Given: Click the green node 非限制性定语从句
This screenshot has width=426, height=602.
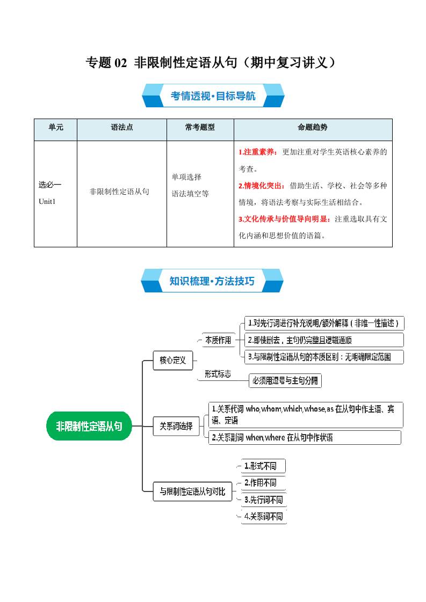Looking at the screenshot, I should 89,427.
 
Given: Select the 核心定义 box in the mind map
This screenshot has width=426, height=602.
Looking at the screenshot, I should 172,361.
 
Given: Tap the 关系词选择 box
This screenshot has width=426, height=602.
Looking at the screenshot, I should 176,427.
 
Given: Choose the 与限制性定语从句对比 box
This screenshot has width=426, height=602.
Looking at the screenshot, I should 192,491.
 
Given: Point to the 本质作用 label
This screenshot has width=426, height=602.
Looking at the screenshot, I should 218,340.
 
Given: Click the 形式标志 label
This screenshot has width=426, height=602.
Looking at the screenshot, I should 218,374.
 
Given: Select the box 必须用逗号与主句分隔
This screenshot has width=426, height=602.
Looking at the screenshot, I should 285,381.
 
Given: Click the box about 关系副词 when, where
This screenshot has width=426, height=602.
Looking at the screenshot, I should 305,437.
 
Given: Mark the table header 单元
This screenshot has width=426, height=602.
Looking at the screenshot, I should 55,128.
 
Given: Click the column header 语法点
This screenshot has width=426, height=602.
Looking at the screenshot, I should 121,128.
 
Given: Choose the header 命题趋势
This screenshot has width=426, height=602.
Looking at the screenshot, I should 313,128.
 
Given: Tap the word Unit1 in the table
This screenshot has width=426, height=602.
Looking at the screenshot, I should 47,201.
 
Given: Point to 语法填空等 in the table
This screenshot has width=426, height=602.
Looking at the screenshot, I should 190,194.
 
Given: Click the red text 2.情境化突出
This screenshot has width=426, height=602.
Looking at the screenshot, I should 262,186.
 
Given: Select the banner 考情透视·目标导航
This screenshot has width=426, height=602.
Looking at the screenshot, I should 213,97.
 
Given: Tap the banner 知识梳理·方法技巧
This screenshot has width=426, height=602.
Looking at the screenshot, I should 212,281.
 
